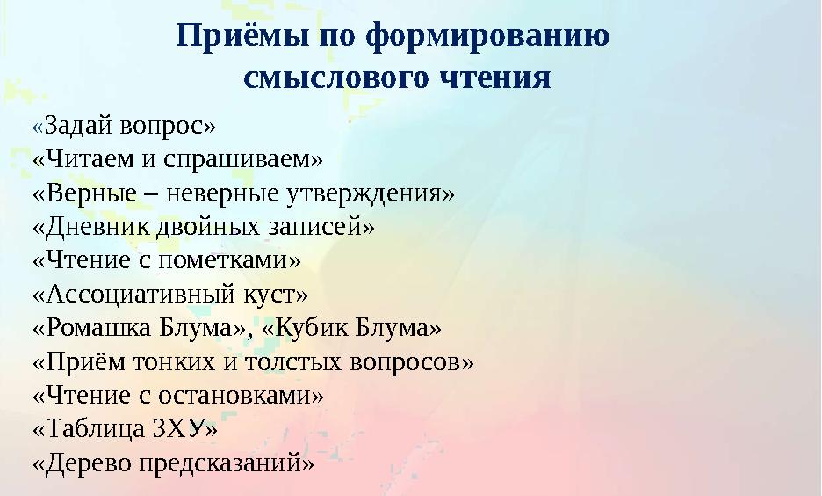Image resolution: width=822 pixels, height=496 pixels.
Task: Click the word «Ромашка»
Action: click(x=96, y=328)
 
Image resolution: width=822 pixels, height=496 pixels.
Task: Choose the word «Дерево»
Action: click(x=89, y=463)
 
